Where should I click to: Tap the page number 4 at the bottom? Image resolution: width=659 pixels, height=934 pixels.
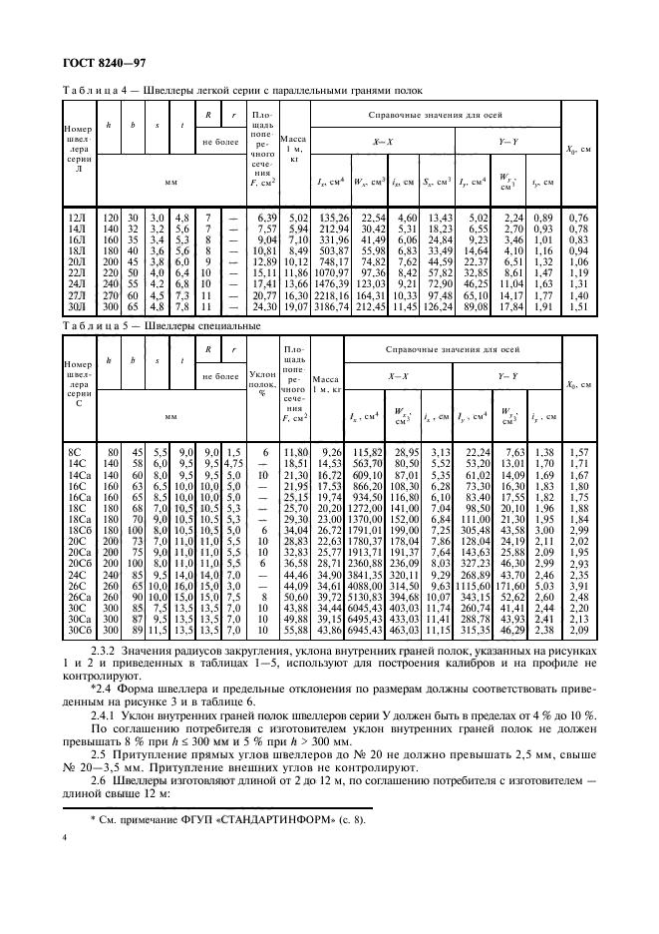click(x=65, y=881)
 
